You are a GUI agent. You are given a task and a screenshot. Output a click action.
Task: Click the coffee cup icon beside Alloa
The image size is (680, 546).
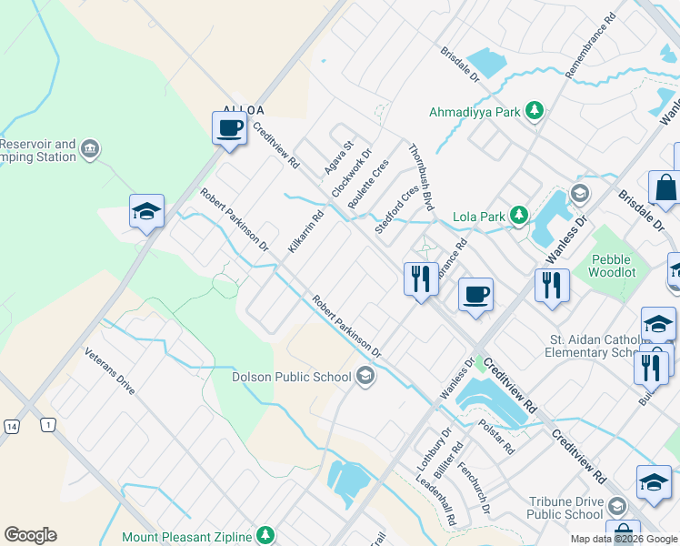point(230,127)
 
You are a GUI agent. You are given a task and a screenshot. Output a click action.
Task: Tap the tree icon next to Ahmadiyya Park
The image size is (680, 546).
point(536,111)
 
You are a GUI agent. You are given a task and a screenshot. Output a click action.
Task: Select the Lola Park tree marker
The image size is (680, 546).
point(518,217)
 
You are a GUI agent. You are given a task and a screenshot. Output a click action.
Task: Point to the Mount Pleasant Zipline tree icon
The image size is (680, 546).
point(265,534)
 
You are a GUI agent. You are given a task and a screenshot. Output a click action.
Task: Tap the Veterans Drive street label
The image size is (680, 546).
point(110,371)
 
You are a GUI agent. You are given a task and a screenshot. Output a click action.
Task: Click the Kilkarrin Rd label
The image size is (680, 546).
point(305,233)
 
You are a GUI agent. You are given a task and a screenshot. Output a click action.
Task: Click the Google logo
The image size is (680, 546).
point(30,535)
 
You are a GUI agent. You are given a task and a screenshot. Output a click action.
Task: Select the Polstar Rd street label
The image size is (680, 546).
point(496,437)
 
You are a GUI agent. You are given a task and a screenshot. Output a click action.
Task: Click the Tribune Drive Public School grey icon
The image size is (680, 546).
point(617,507)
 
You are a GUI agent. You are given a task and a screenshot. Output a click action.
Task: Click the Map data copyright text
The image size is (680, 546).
point(624,539)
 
